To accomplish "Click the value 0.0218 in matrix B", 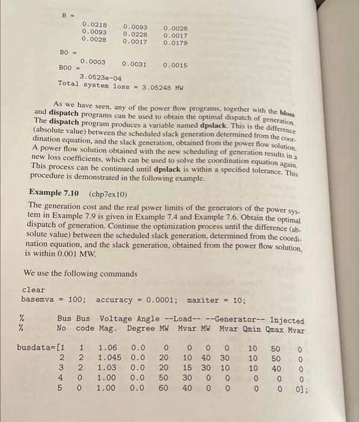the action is click(94, 24).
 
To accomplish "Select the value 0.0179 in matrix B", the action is click(176, 43).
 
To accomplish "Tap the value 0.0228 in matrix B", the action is click(135, 34).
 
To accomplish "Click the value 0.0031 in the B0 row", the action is click(134, 63).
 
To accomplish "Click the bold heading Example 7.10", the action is click(55, 195).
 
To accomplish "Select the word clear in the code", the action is click(34, 290).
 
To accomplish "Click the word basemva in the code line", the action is click(38, 300).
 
